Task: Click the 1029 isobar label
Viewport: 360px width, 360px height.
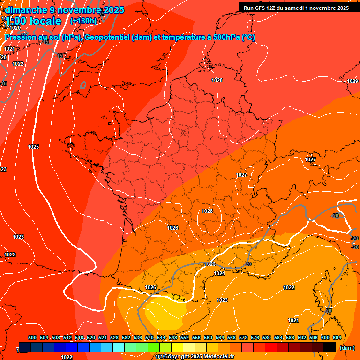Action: (x=352, y=81)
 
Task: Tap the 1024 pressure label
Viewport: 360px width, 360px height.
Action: (x=219, y=273)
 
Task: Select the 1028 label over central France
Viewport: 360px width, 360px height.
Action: (x=207, y=211)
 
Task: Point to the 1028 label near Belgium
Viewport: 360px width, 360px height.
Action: (x=217, y=80)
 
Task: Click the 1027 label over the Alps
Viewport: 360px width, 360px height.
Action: (x=310, y=159)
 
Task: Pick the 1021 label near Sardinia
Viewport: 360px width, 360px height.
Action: (x=293, y=320)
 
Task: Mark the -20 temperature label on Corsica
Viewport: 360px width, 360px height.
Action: (x=329, y=311)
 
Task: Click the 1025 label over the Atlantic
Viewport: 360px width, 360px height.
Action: (x=33, y=147)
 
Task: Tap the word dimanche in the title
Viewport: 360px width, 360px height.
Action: (x=24, y=10)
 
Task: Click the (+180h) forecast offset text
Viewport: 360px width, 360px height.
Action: (x=83, y=21)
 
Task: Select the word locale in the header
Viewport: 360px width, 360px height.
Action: (x=45, y=21)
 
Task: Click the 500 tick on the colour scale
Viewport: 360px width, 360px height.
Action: (x=32, y=337)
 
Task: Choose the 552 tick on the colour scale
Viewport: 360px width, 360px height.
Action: (x=185, y=337)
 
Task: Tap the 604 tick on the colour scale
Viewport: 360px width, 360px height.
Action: (x=337, y=337)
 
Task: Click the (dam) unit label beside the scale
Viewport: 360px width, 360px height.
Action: (x=347, y=348)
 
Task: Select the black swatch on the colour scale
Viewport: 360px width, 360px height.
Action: (x=330, y=347)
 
